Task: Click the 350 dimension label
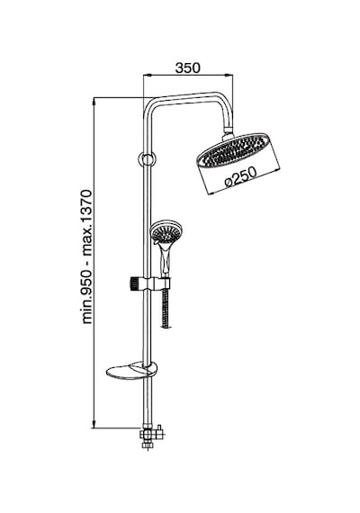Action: [x=187, y=67]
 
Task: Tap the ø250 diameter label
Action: [x=241, y=176]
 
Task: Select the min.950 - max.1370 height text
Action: [x=87, y=256]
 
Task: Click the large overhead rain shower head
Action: [x=234, y=150]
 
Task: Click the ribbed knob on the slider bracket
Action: [x=134, y=283]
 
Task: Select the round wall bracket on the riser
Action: [x=147, y=159]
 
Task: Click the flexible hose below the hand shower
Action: [x=166, y=308]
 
